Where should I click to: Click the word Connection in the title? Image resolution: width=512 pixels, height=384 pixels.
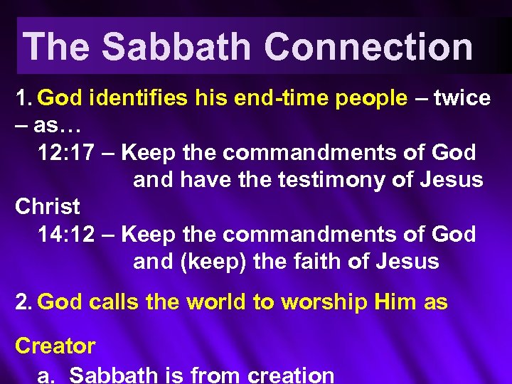[369, 48]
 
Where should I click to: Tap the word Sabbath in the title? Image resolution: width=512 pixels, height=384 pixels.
[176, 48]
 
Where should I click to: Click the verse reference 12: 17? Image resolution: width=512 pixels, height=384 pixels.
[66, 152]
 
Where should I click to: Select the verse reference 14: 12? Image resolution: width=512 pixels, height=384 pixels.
[66, 234]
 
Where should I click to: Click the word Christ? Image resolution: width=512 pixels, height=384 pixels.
[48, 207]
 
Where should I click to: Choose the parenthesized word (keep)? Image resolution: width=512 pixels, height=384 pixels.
[208, 261]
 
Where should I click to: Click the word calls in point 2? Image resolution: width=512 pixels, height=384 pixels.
[115, 302]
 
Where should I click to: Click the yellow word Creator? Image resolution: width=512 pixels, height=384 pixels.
[55, 346]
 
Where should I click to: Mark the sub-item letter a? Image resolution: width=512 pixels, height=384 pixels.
[45, 375]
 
